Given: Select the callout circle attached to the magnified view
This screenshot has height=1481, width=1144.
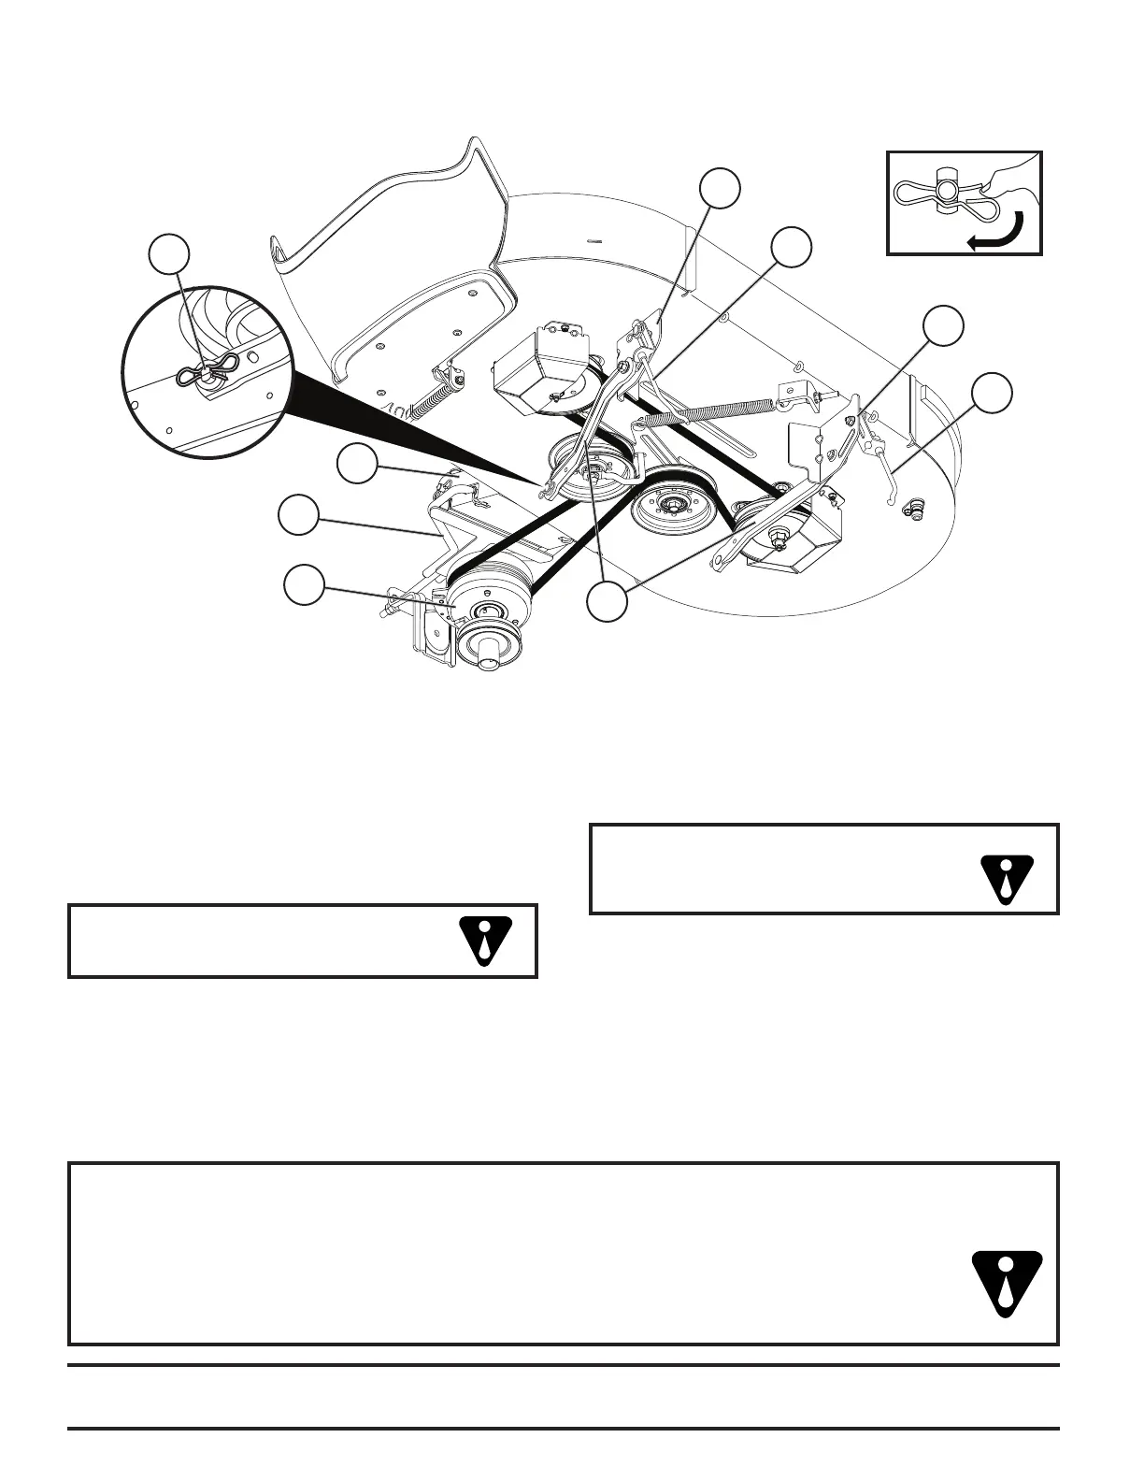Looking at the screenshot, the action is coord(171,256).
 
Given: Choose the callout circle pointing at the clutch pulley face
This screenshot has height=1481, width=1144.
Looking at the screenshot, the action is coord(305,584).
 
